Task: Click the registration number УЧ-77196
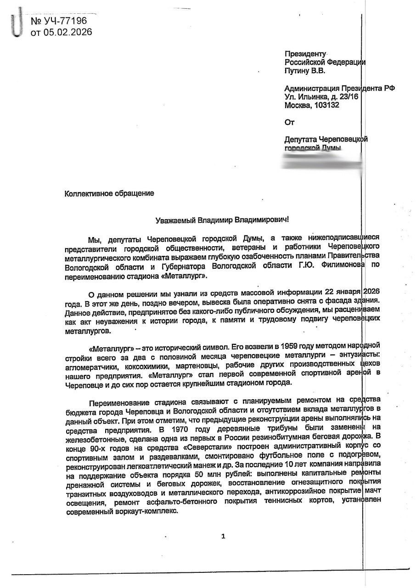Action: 64,21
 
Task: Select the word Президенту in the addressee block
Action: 305,54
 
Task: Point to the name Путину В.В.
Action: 304,71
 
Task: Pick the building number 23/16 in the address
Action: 348,96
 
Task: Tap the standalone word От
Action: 289,122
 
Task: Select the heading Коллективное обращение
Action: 109,193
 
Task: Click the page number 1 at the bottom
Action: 223,536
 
